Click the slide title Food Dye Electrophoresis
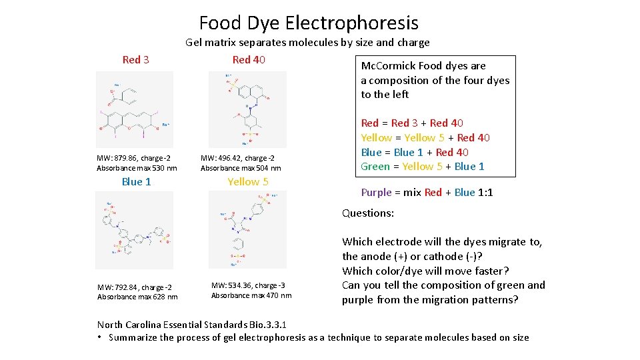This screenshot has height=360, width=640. pos(309,23)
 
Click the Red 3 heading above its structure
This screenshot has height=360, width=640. pos(136,60)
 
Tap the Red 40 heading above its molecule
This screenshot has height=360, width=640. pos(249,60)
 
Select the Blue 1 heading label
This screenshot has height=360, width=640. pos(136,181)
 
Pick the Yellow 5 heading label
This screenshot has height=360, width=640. pos(248,181)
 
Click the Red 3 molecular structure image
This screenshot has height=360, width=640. pos(135,109)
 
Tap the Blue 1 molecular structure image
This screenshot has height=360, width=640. pos(135,230)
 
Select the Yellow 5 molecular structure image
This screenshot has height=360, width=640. pos(248,230)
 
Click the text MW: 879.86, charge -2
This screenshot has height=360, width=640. pos(133,158)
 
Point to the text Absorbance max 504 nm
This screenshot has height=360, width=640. pos(241,168)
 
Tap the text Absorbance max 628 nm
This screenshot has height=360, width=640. pos(137,297)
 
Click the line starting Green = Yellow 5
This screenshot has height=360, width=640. pos(423,167)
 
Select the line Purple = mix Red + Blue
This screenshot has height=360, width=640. pos(427,193)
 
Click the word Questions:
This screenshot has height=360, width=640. pos(368,213)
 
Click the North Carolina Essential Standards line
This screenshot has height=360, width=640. pos(192,325)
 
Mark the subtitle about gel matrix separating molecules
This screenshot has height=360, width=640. pos(307,43)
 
